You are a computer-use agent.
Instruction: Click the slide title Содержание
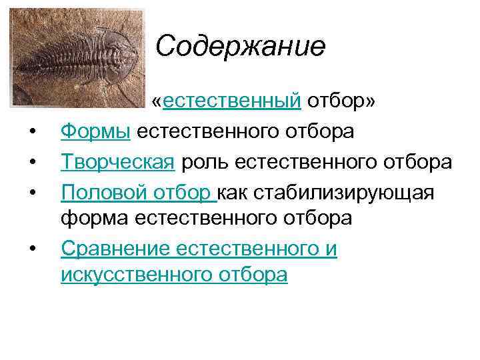point(241,47)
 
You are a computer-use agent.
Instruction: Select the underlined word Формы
point(95,131)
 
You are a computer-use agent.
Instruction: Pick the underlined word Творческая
point(119,162)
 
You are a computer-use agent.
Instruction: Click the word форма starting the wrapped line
point(95,217)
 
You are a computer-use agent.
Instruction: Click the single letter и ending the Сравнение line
point(331,249)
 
